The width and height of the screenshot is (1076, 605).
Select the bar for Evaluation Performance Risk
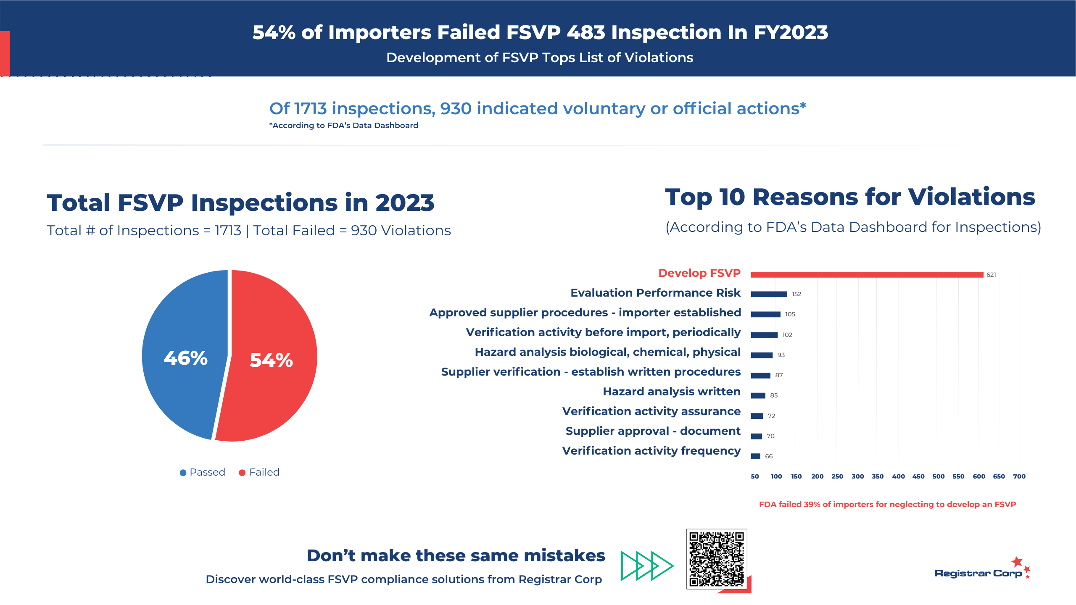tap(769, 294)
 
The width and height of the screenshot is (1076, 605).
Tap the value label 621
tap(991, 275)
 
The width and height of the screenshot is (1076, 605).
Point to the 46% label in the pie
tap(186, 358)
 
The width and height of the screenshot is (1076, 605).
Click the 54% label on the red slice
tap(271, 360)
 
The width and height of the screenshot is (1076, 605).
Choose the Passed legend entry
tap(203, 472)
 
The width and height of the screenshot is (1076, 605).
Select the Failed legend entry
tap(259, 472)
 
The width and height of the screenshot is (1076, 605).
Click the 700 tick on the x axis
tap(1019, 476)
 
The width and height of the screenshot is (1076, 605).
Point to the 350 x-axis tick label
tap(878, 476)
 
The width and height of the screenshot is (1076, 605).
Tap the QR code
tap(717, 559)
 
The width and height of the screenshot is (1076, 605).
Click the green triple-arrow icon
tap(647, 566)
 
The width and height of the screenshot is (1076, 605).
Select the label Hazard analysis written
tap(672, 392)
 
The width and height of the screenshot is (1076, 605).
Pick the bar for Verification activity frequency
tap(756, 456)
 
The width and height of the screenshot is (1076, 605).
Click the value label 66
tap(769, 456)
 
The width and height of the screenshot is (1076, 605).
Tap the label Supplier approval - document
tap(653, 431)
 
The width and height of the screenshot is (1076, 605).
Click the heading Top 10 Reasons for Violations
tap(850, 197)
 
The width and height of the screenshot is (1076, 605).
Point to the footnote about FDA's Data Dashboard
tap(344, 126)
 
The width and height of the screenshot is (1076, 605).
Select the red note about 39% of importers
tap(887, 505)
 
